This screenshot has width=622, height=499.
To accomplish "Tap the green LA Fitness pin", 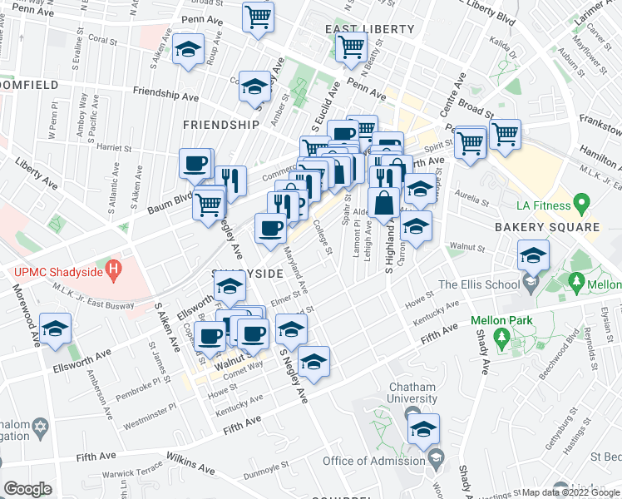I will click(x=582, y=203).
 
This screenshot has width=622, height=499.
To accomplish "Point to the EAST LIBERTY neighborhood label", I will click(x=369, y=29).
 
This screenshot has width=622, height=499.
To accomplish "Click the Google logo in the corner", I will click(x=28, y=489).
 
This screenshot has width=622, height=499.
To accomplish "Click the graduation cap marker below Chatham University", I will click(x=423, y=429).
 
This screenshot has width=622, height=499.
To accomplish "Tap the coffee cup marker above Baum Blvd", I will click(x=196, y=165).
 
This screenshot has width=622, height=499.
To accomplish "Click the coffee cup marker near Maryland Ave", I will click(x=270, y=229).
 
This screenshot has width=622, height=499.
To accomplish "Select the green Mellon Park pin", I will click(x=501, y=337).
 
